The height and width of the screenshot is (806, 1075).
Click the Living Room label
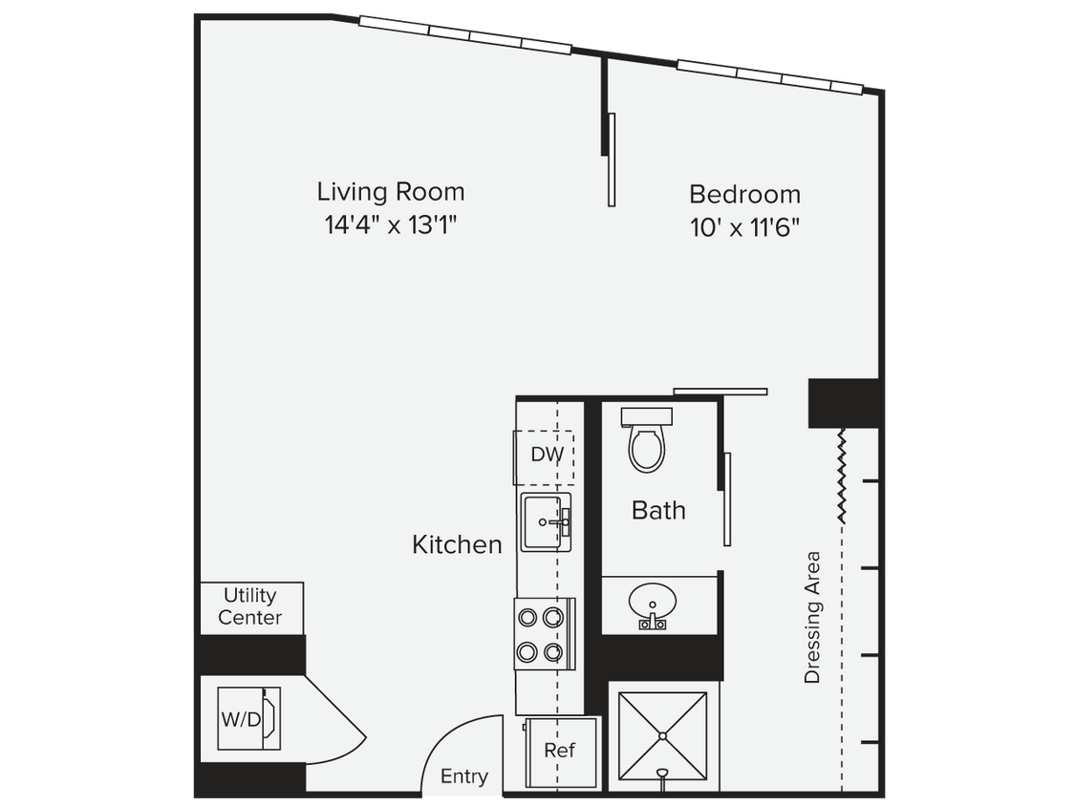391,192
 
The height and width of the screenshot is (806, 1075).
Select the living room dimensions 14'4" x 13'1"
391,226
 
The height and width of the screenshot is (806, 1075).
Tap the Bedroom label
744,195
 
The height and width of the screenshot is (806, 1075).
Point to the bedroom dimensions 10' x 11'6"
744,228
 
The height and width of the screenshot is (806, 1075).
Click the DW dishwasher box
547,456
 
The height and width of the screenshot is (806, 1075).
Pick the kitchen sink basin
546,521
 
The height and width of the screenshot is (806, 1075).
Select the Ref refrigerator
561,752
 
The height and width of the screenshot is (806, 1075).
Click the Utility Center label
250,607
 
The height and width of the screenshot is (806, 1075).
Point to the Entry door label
463,776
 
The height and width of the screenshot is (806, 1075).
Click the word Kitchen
457,545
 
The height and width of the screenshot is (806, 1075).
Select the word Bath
658,511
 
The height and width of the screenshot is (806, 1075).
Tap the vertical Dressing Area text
812,617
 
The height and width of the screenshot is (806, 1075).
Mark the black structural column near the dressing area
843,403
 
